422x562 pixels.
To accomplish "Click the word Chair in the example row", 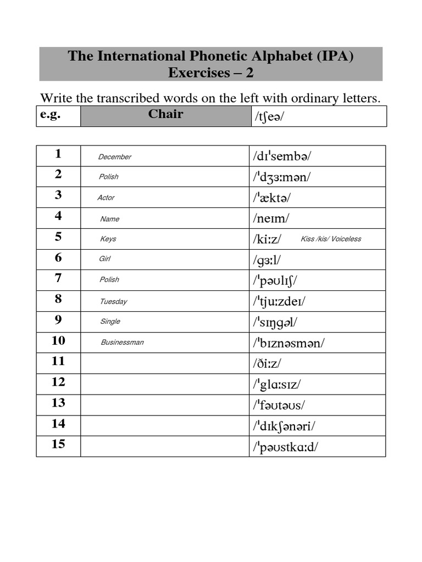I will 165,115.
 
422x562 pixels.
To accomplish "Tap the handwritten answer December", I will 114,157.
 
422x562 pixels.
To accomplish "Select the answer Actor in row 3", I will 106,198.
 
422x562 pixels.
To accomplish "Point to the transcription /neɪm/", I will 271,218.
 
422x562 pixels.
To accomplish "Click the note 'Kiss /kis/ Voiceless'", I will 331,239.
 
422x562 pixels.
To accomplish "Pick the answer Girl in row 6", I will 104,258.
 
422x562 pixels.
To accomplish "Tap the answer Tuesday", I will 113,301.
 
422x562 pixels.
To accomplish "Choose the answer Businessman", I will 122,342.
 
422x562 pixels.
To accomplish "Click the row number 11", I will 58,361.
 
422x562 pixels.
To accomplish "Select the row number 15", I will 58,444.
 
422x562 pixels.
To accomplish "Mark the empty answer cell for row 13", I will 164,404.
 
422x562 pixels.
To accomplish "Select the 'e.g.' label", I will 50,114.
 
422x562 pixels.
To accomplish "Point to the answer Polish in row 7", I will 109,280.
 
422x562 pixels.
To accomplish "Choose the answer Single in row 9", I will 110,322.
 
